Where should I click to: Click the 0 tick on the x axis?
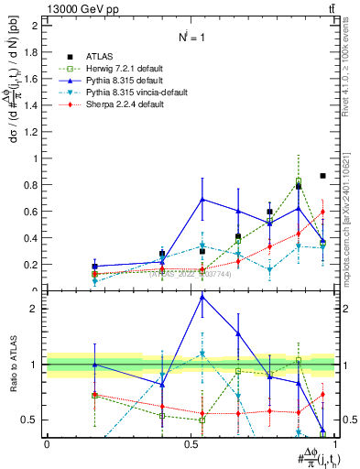[x=47, y=442]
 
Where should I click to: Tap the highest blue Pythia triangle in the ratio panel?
[x=202, y=297]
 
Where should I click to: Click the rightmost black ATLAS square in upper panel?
[x=322, y=176]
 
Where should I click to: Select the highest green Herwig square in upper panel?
[x=299, y=180]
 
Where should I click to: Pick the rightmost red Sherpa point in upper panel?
[x=322, y=213]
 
